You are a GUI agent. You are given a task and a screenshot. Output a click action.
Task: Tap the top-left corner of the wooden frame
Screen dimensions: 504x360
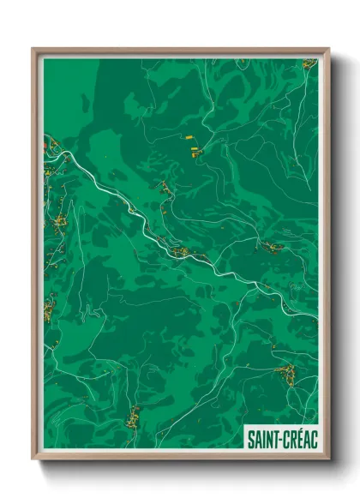[x=33, y=49]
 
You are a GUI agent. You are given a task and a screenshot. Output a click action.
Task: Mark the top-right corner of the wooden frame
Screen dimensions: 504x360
[x=328, y=49]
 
